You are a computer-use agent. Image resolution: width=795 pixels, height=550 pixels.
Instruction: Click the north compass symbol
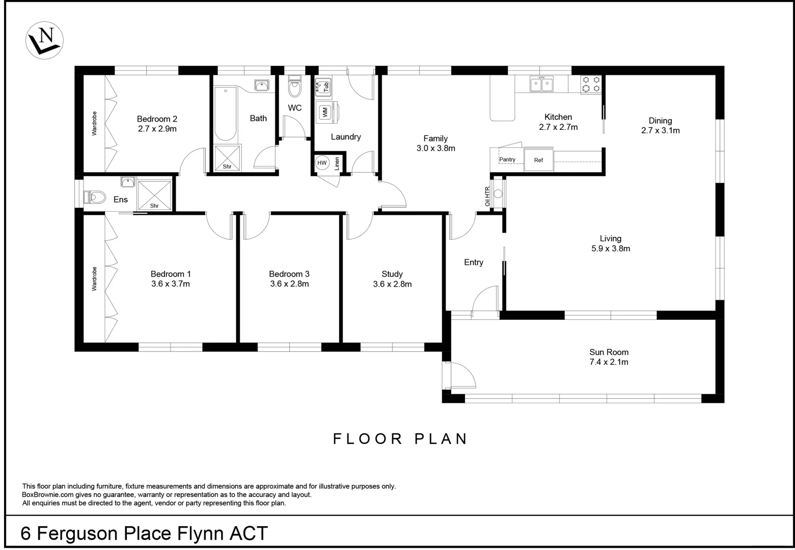pyautogui.click(x=44, y=40)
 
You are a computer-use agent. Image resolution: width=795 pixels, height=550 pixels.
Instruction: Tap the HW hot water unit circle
pyautogui.click(x=322, y=163)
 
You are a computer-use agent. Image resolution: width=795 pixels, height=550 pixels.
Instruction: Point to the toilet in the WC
pyautogui.click(x=294, y=88)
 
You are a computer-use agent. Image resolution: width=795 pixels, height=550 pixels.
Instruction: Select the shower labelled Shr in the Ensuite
pyautogui.click(x=155, y=195)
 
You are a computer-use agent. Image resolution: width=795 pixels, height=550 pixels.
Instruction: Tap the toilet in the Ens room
pyautogui.click(x=95, y=197)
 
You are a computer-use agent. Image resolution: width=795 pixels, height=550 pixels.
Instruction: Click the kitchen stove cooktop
pyautogui.click(x=591, y=85)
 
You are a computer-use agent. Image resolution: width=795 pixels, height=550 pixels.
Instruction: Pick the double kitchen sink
pyautogui.click(x=541, y=84)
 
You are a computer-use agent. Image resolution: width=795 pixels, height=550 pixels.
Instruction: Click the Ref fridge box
pyautogui.click(x=538, y=160)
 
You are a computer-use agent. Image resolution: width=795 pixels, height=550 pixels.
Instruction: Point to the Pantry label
pyautogui.click(x=507, y=160)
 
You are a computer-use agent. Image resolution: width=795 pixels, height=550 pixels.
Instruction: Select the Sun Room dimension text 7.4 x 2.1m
pyautogui.click(x=609, y=363)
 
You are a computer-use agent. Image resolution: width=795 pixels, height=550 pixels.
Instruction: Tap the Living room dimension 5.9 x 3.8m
pyautogui.click(x=611, y=249)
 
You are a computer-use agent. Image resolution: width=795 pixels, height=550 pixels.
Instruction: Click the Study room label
pyautogui.click(x=392, y=274)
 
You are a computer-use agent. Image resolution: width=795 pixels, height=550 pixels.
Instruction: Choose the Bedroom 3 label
pyautogui.click(x=289, y=274)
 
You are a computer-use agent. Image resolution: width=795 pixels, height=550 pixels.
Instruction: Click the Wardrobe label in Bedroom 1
pyautogui.click(x=94, y=279)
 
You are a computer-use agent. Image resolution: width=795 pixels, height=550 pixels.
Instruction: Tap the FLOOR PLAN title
pyautogui.click(x=400, y=439)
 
